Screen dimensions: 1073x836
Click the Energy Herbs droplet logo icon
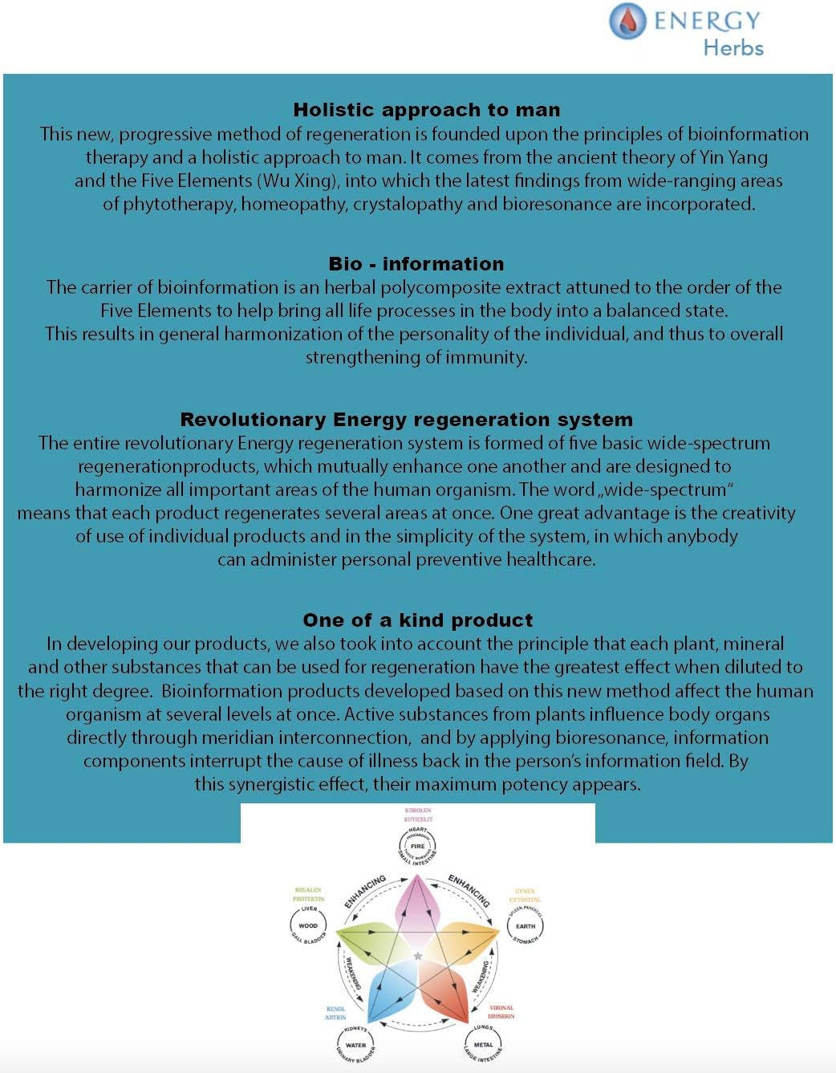pyautogui.click(x=627, y=22)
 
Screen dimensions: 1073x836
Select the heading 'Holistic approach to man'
pyautogui.click(x=426, y=110)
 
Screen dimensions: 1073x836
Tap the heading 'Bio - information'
pyautogui.click(x=416, y=264)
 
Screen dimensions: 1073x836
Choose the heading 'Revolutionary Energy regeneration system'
pyautogui.click(x=406, y=420)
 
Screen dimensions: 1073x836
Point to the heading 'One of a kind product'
pyautogui.click(x=417, y=620)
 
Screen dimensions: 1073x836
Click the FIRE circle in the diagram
pyautogui.click(x=417, y=846)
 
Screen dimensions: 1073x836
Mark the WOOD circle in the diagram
pyautogui.click(x=308, y=925)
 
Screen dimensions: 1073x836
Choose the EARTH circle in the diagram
pyautogui.click(x=526, y=925)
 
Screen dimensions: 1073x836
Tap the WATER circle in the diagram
pyautogui.click(x=355, y=1045)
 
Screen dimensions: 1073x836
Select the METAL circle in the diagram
pyautogui.click(x=483, y=1045)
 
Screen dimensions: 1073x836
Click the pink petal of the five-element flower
pyautogui.click(x=417, y=907)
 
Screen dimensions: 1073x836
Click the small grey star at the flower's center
pyautogui.click(x=417, y=956)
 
